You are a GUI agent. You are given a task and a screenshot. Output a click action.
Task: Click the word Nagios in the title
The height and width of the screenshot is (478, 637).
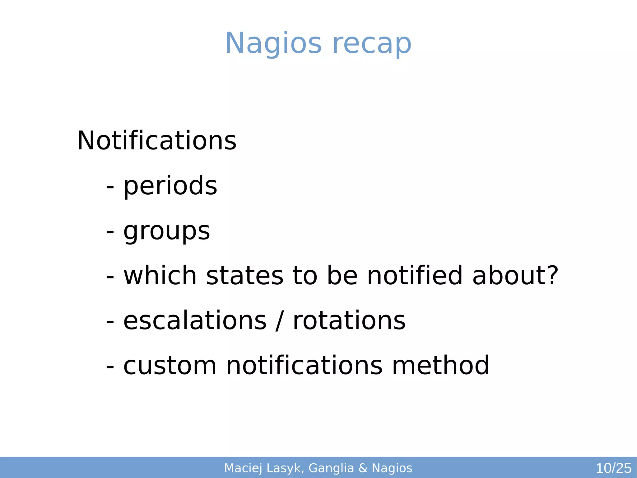273,44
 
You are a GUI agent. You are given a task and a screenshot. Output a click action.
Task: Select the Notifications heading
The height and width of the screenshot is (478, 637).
157,141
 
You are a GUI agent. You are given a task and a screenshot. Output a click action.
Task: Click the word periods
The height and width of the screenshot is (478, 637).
170,186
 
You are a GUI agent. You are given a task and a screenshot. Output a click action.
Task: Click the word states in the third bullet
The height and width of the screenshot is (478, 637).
244,276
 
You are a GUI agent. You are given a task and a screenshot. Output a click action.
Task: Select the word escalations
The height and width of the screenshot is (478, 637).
195,321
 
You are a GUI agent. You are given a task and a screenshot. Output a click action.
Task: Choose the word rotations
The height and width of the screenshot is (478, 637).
349,321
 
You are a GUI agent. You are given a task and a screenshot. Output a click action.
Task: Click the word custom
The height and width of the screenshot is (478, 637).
170,366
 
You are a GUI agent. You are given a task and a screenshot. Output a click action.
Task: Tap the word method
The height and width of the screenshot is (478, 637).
440,366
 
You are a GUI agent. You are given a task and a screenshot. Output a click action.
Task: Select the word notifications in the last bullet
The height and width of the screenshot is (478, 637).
304,366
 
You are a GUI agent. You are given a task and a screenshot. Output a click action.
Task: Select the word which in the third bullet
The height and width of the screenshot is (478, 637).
160,275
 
